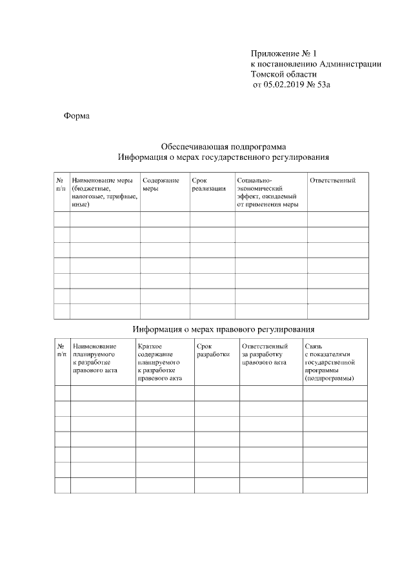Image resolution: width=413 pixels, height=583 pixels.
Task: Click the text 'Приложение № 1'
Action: [x=285, y=53]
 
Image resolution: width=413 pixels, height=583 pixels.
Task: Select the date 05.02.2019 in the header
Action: [x=285, y=84]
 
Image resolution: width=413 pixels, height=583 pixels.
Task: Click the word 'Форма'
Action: [x=76, y=116]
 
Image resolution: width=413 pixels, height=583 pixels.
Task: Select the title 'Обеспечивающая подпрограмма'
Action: [x=223, y=146]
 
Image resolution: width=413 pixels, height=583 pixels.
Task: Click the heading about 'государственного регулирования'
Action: [x=223, y=157]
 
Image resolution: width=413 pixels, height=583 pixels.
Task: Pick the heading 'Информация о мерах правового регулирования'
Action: [x=223, y=329]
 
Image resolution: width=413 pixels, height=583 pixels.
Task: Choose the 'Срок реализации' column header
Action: [x=209, y=184]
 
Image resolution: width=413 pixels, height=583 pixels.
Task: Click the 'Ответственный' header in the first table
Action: [x=333, y=180]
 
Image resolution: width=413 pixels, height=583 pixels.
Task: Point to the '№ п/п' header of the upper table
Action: [x=61, y=184]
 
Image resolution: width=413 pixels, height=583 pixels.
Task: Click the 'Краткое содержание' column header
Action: [x=159, y=363]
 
